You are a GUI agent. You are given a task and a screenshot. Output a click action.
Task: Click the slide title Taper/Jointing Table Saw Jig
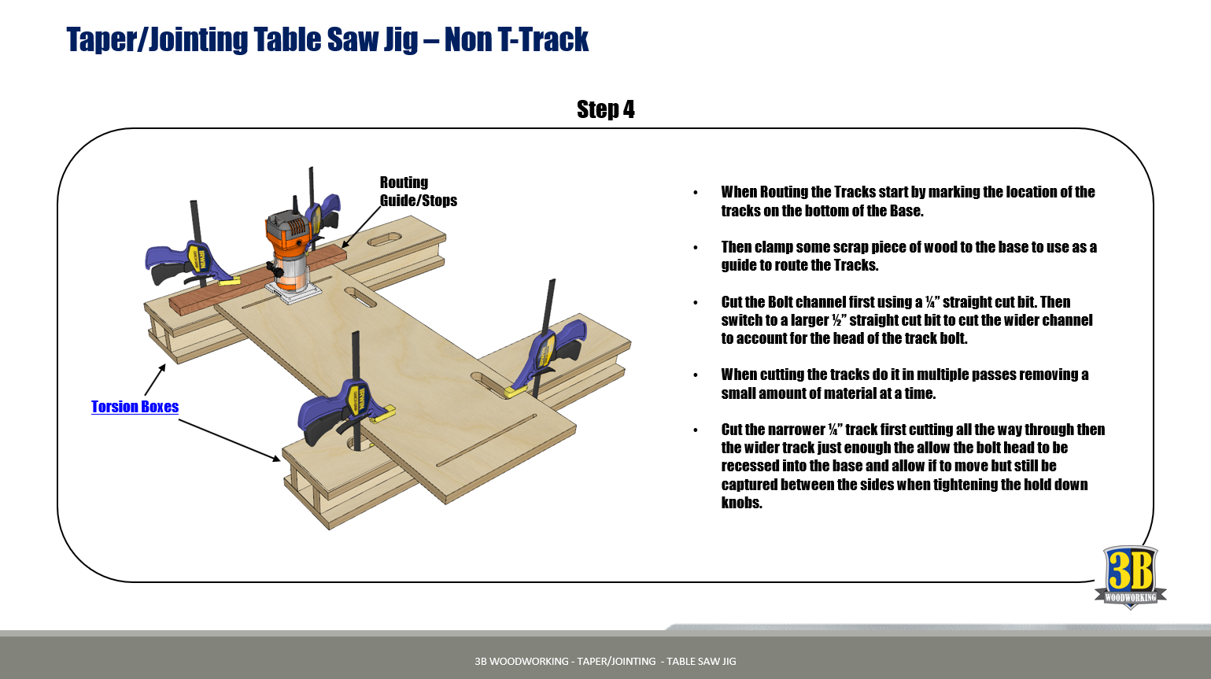(327, 39)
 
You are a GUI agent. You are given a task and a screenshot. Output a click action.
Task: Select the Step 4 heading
(605, 109)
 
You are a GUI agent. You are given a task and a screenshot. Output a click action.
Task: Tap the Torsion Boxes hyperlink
(135, 407)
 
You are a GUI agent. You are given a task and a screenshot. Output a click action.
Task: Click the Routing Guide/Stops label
(417, 191)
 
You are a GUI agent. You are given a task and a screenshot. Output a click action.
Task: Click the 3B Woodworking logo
(1130, 577)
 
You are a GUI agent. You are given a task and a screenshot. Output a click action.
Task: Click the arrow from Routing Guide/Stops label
(361, 227)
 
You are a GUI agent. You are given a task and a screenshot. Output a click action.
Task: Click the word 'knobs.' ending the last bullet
(741, 503)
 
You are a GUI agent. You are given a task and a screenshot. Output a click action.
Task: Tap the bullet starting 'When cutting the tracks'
(905, 384)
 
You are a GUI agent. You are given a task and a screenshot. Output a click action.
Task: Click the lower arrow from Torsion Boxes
(229, 440)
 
